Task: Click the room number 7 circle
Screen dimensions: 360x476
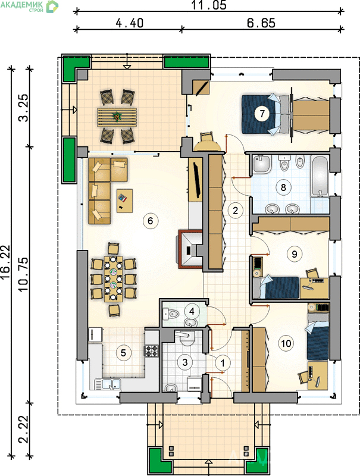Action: tap(262, 114)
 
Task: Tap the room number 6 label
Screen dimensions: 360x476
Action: tap(151, 221)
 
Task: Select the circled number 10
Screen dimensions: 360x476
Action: tap(286, 343)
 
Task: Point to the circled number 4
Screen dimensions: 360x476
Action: tap(192, 311)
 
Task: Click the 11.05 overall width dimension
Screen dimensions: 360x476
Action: tap(209, 5)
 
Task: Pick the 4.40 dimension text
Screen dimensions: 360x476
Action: tap(130, 23)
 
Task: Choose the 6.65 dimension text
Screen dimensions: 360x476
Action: tap(261, 23)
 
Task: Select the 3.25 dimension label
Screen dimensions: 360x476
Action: tap(24, 108)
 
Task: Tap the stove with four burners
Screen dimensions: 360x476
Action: tap(151, 351)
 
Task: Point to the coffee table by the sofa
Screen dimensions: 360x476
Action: tap(125, 201)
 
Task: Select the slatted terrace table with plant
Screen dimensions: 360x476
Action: tap(117, 117)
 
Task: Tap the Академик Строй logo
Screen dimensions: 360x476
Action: tap(29, 6)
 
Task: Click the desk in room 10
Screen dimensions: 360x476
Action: tap(318, 375)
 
